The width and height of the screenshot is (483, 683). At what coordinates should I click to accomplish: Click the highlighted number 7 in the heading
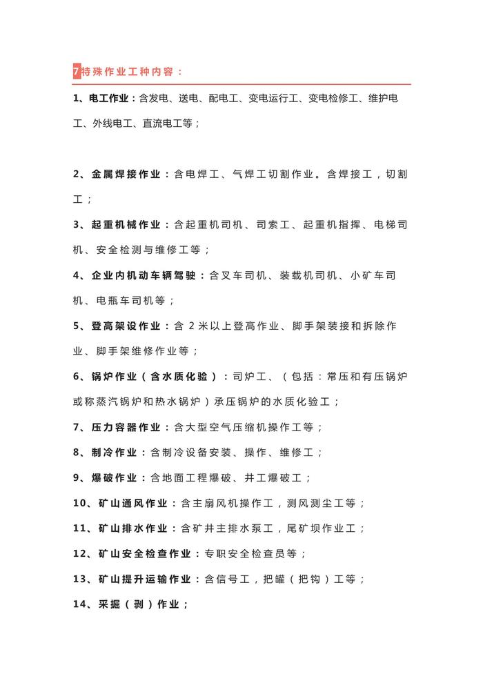(76, 71)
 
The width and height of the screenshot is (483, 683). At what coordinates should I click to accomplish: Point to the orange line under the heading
(241, 84)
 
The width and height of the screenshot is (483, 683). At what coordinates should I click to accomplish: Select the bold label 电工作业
(111, 99)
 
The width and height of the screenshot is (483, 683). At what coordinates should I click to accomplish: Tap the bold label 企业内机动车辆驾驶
(144, 275)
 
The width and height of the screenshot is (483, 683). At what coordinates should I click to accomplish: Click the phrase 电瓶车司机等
(132, 300)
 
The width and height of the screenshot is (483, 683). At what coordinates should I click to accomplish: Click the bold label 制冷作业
(115, 453)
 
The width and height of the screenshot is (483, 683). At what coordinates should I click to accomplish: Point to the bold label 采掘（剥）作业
(139, 604)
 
